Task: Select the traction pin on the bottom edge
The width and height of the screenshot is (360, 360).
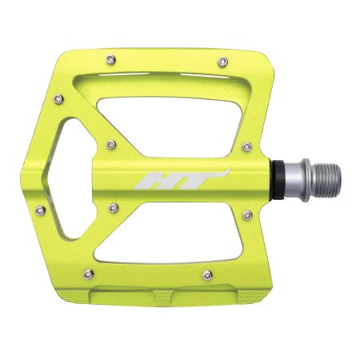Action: pos(207,274)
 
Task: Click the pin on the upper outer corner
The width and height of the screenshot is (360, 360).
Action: pos(57,98)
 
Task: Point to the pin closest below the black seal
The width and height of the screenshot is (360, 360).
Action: pos(246,214)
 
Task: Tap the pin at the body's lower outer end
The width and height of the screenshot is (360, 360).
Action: pos(114,208)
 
